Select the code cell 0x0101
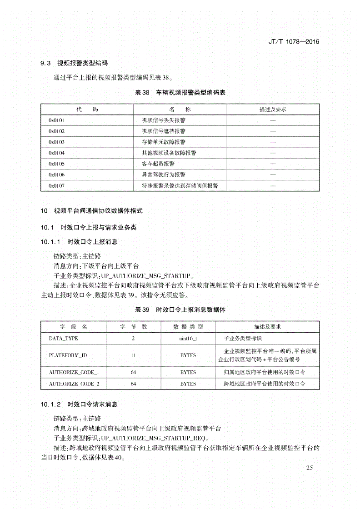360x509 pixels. coord(57,120)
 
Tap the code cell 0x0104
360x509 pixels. coord(57,153)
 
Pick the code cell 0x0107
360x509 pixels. coord(57,186)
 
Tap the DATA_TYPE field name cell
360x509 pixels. coord(64,339)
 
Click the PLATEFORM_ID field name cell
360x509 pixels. coord(68,355)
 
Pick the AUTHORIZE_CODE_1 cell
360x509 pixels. coord(74,373)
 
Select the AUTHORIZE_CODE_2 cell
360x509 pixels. coord(74,384)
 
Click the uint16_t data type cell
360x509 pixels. coord(188,339)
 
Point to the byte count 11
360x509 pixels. coord(133,355)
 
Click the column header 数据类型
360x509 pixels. coord(188,327)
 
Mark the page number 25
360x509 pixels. coord(310,468)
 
